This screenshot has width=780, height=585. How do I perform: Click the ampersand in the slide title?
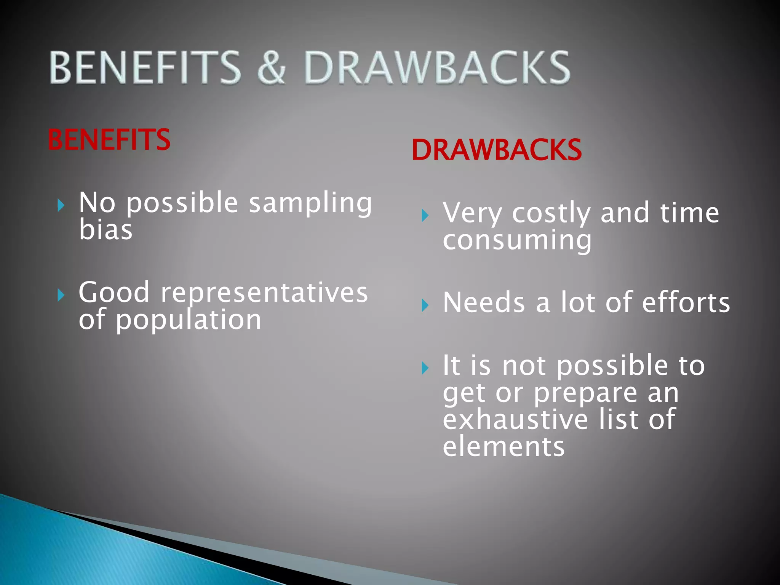coord(272,68)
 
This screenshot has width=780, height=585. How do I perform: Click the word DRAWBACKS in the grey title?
coord(436,68)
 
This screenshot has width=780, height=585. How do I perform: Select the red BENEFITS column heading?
coord(109,140)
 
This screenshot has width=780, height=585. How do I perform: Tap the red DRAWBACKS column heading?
coord(497,150)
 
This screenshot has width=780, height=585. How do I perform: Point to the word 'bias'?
coord(105,230)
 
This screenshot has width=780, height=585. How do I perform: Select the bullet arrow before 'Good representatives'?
coord(61,295)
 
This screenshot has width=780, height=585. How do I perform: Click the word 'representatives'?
coord(264,292)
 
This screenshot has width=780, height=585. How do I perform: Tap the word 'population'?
coord(189,320)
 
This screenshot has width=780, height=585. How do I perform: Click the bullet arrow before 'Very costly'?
coord(425,216)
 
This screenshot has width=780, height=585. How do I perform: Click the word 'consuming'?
coord(517,241)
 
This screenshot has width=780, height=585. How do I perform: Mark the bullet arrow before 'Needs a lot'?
coord(425,305)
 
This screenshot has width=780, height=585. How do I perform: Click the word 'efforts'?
coord(686,303)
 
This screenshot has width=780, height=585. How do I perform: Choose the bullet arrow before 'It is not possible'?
coord(425,368)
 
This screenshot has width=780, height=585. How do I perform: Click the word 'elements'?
coord(503,446)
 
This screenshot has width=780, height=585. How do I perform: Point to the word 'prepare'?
coord(585,393)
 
